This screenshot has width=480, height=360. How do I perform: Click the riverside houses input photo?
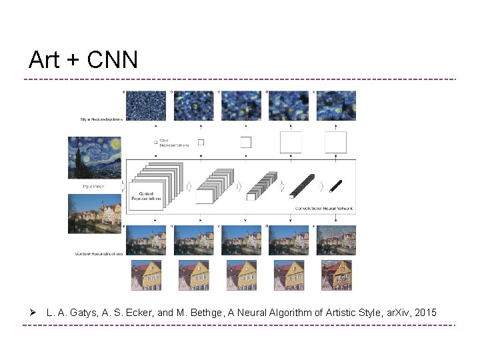[x=94, y=213]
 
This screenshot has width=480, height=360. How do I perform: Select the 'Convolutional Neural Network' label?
[x=325, y=208]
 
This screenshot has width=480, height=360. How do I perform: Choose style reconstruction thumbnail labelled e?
[x=336, y=105]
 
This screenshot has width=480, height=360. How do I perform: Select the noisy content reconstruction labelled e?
[x=336, y=239]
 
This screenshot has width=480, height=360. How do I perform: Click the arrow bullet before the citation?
[x=31, y=312]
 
